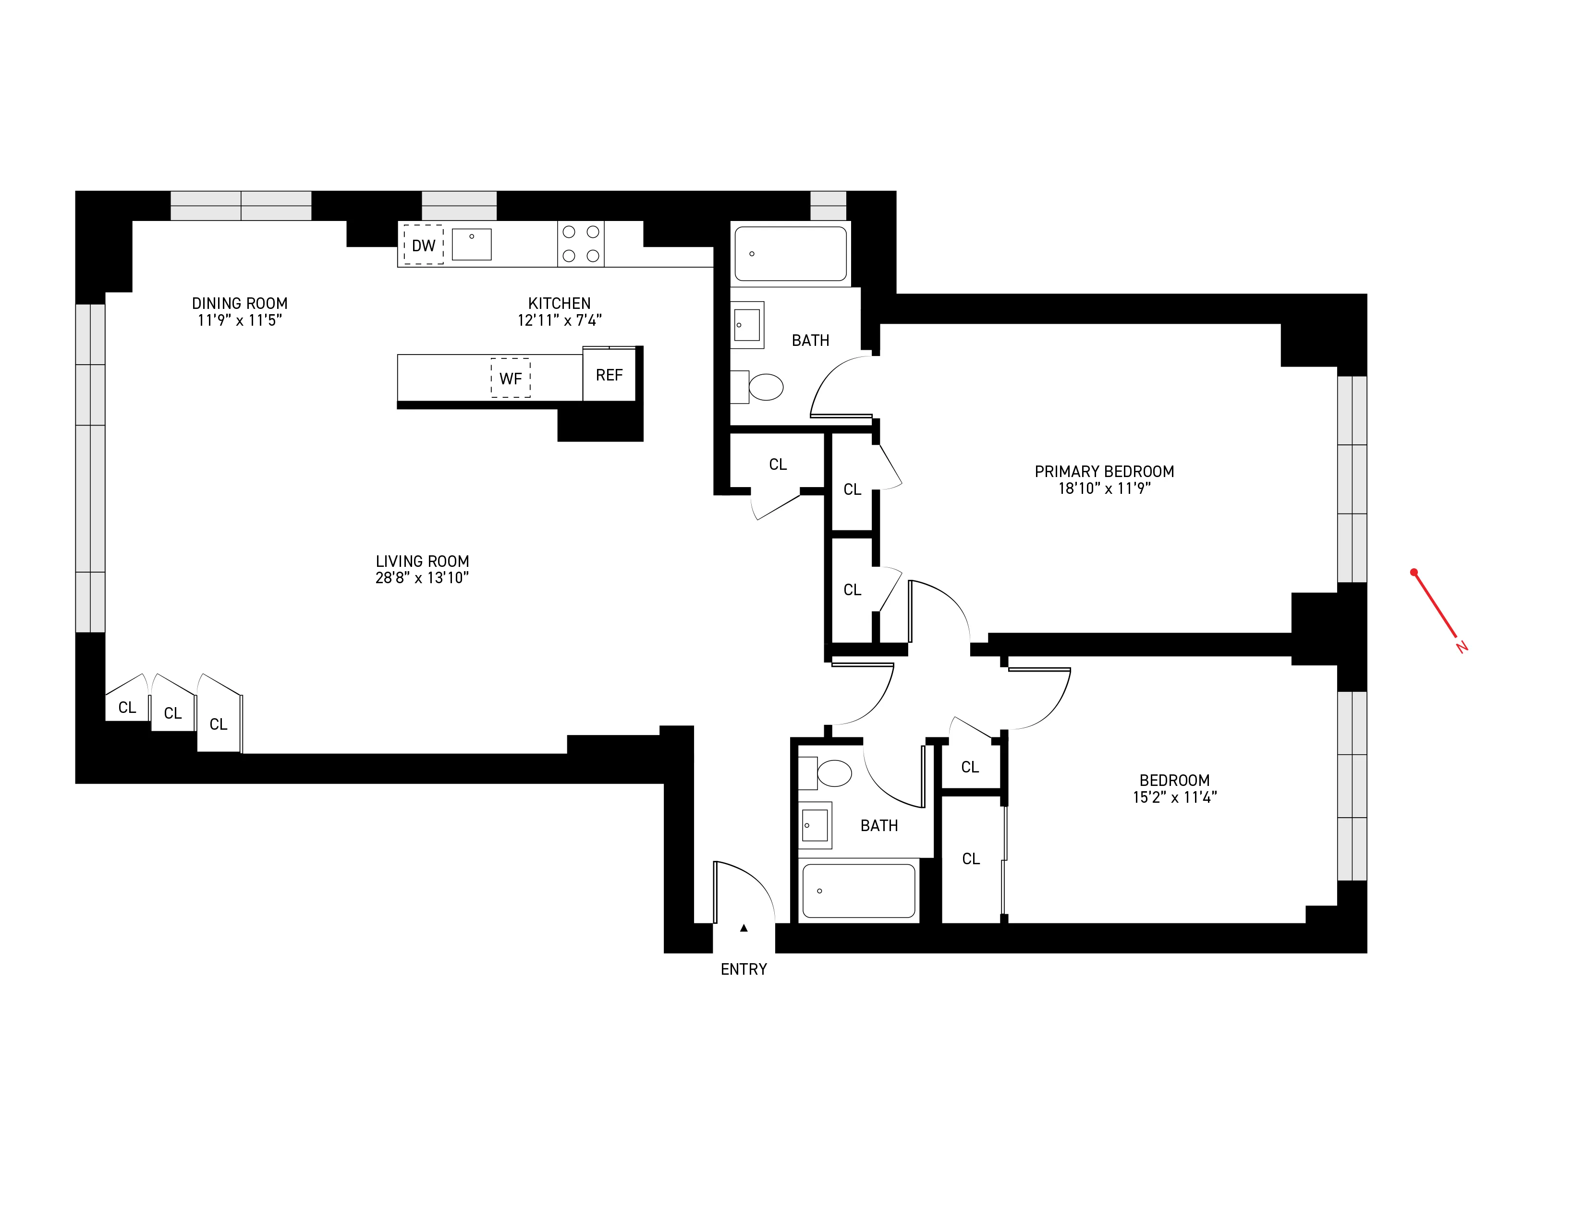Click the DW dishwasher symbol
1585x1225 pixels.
[423, 245]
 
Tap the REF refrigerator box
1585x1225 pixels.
[609, 375]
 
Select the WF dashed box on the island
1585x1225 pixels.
[510, 378]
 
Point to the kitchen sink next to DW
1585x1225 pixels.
[472, 245]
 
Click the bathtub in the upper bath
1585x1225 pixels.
[790, 253]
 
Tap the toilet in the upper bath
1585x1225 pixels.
[765, 387]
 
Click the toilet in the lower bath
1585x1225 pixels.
[833, 773]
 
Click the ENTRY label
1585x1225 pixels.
[743, 969]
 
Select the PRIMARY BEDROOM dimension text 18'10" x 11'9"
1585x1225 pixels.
[1104, 489]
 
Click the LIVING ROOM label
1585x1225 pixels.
[422, 561]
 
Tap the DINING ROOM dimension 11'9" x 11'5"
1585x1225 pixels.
[240, 320]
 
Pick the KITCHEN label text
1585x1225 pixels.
[559, 303]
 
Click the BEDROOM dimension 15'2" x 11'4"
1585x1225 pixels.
[1174, 797]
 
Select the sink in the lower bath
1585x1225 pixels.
[815, 826]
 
